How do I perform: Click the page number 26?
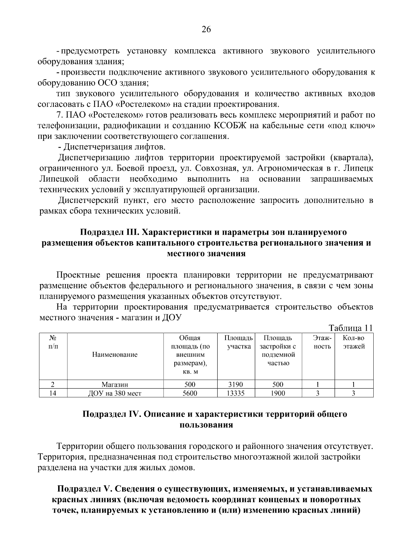pos(206,30)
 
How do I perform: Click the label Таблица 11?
pos(351,328)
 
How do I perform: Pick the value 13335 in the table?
pos(236,393)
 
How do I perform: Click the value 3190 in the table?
pos(236,384)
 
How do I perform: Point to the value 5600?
pos(190,393)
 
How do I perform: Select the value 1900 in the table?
pos(278,393)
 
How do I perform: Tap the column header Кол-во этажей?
pos(353,342)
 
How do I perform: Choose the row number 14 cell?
pos(53,393)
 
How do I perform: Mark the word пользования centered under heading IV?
pos(206,425)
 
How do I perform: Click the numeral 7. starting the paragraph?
pos(60,115)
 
